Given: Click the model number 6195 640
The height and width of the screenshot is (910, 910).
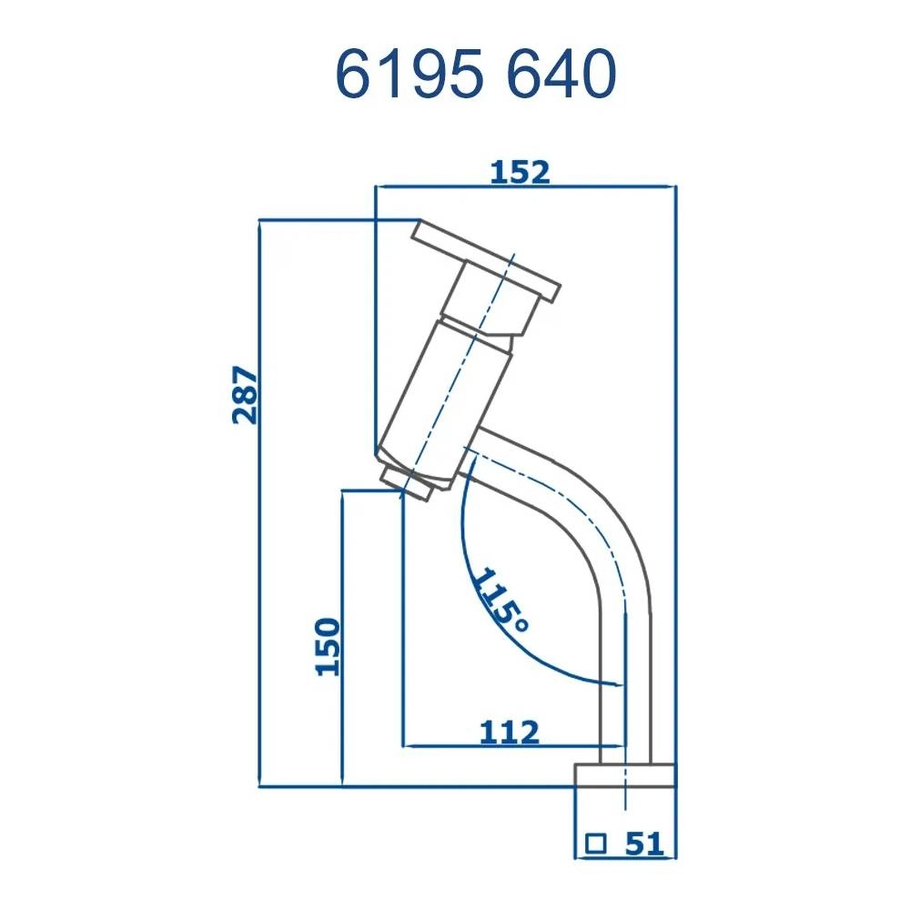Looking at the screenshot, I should pos(476,74).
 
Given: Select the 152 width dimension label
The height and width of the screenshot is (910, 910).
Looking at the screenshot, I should pos(520,172).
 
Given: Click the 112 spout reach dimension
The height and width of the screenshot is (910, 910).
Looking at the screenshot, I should pos(510,731).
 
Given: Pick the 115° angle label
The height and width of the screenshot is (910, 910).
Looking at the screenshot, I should pos(500,601).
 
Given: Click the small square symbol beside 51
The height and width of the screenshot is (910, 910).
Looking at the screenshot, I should pos(596,844).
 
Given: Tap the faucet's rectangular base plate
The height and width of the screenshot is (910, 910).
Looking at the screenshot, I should pos(625,775).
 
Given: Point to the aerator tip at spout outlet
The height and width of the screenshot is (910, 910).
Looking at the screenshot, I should pos(407,482).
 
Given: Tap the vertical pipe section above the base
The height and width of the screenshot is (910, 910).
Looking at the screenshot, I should pos(626,692).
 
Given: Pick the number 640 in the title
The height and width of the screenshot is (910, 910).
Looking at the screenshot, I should pos(559,74).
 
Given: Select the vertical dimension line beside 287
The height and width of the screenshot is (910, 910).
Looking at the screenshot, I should pos(259,546).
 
